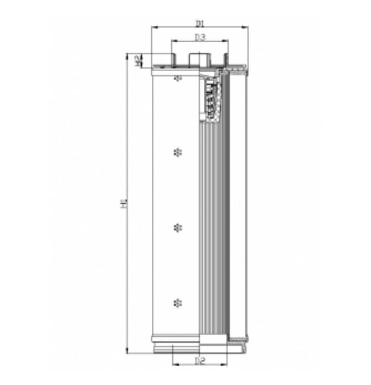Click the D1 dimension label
(x=199, y=23)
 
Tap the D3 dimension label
(x=199, y=38)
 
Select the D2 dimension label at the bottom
(x=199, y=360)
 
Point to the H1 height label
(x=123, y=204)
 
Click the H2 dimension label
(x=137, y=60)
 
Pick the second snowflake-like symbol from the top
(x=178, y=153)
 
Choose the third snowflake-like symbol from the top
(x=178, y=227)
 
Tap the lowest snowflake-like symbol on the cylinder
(x=178, y=303)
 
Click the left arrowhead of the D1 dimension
(x=154, y=27)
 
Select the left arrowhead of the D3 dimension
(x=173, y=42)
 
